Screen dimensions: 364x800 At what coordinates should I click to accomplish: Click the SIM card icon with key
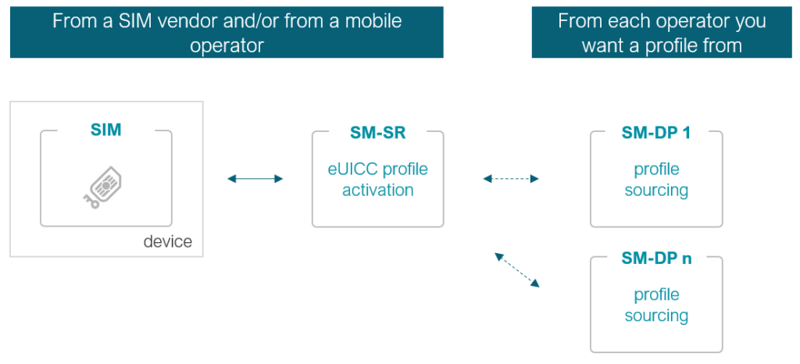click(104, 187)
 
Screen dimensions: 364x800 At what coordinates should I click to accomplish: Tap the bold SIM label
click(106, 130)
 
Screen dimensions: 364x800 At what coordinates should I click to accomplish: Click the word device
click(167, 241)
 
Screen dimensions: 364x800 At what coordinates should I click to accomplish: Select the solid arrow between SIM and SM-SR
click(255, 179)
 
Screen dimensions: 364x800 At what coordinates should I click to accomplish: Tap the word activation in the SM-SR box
click(378, 190)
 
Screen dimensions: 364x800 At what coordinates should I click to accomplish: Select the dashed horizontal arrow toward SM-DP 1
click(511, 179)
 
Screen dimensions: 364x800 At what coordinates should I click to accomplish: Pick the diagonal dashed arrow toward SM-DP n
click(516, 269)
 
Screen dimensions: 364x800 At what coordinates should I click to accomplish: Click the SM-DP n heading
click(656, 259)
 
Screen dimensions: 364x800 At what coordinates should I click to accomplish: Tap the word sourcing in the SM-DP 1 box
click(656, 190)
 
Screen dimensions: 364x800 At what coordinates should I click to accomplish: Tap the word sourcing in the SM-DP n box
click(656, 316)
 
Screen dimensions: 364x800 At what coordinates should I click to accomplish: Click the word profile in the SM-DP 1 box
click(656, 169)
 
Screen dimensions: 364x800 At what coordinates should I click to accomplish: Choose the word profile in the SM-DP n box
click(656, 294)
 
